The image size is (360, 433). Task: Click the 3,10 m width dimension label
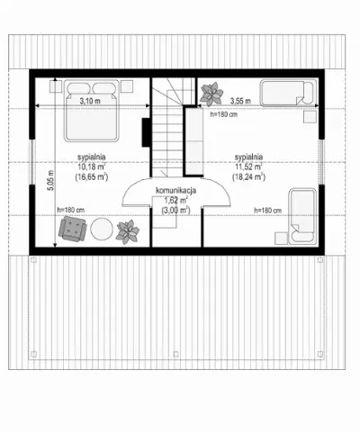90,101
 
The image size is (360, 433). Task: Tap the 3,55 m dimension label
240,101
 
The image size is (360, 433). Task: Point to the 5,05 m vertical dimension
51,180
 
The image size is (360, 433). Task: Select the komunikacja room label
176,190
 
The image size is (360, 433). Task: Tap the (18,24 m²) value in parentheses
248,177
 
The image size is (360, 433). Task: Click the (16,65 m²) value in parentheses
92,177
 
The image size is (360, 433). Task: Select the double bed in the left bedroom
91,110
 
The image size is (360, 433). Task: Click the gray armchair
73,229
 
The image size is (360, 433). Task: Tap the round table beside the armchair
102,229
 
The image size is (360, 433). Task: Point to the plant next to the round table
128,231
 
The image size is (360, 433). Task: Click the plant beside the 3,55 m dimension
211,95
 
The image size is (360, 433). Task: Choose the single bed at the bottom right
302,215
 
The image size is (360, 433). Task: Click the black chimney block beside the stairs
146,132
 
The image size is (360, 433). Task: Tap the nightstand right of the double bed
127,86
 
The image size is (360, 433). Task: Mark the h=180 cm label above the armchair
71,210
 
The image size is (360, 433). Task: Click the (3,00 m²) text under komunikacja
176,211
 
